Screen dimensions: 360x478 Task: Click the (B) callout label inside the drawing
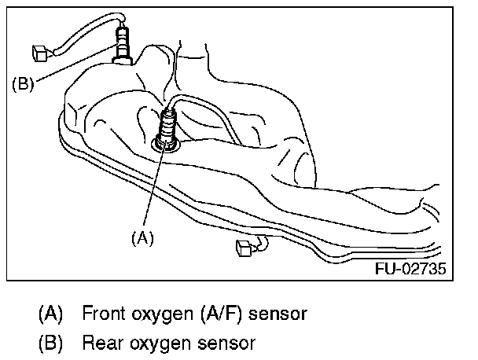coord(23,84)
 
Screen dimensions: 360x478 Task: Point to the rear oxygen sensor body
coord(123,43)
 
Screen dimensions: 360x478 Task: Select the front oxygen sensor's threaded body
coord(168,125)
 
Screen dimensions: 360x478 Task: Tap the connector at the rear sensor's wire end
coord(40,54)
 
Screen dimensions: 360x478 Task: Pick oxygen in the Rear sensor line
coord(153,343)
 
